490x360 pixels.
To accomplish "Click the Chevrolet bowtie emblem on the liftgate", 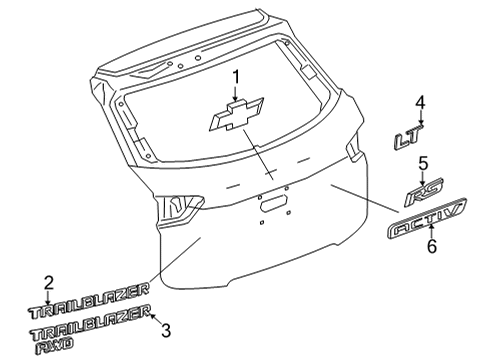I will (236, 117).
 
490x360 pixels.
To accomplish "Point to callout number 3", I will (168, 330).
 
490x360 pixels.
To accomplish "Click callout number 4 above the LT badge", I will (421, 102).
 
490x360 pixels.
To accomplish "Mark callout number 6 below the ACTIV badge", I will (432, 246).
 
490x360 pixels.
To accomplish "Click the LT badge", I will (418, 142).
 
